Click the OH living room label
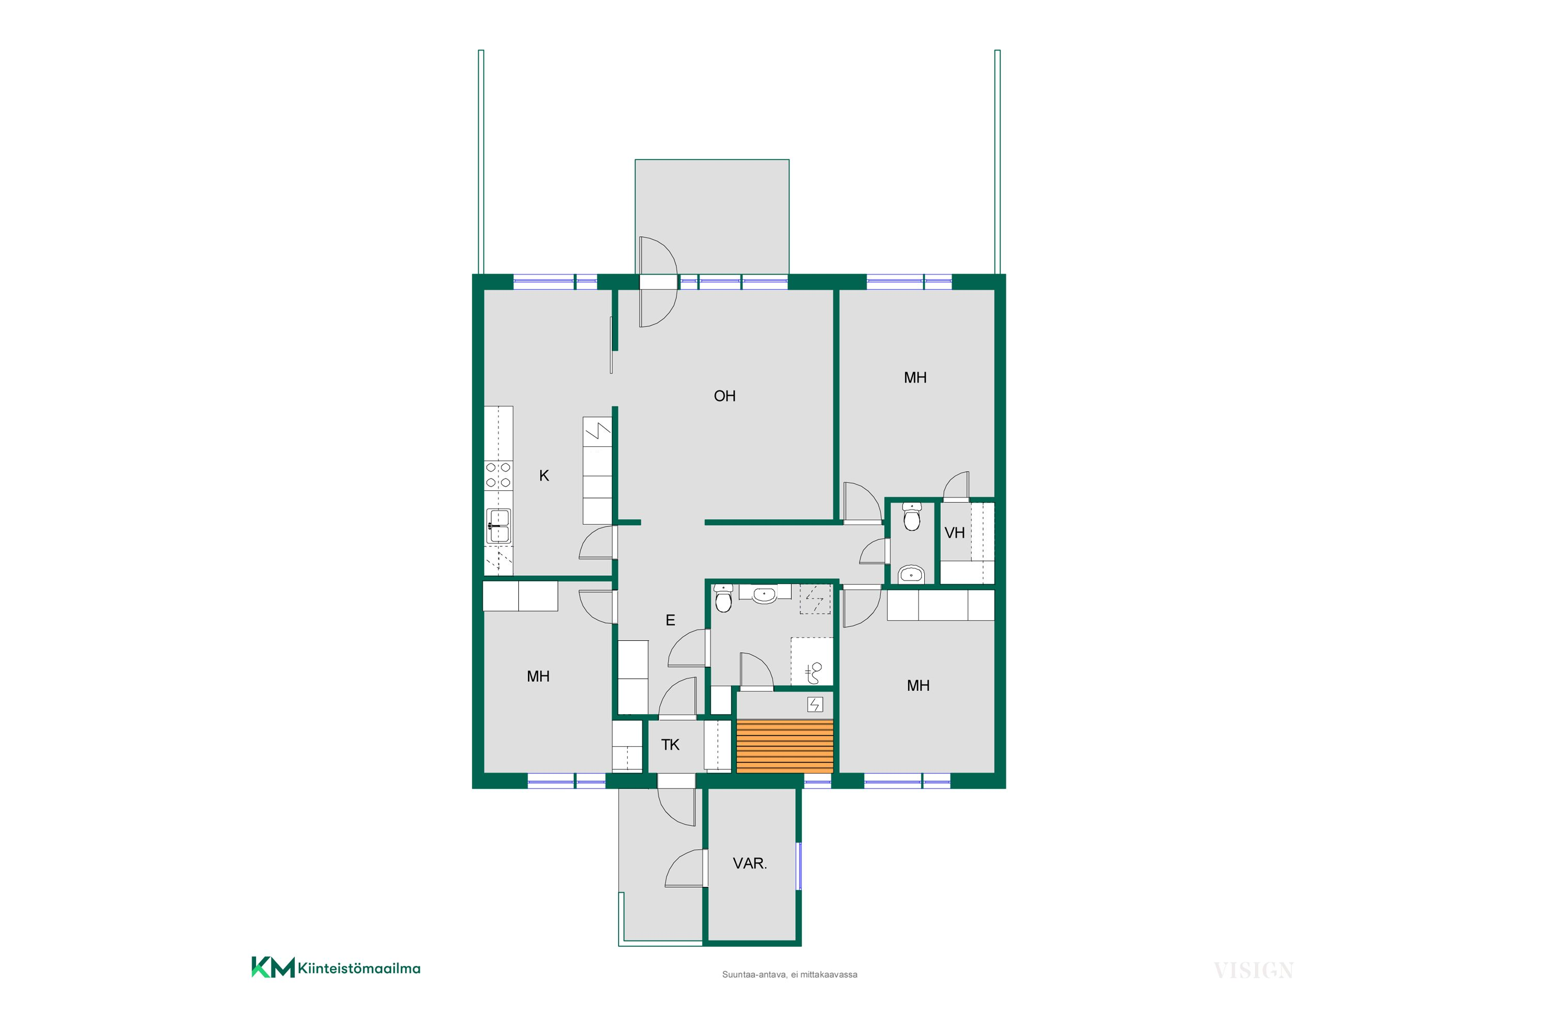point(724,396)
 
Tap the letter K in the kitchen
point(544,476)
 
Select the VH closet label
point(954,533)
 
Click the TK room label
point(670,745)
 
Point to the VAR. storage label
point(750,863)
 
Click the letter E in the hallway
point(670,621)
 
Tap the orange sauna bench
point(784,746)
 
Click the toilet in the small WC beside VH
point(911,518)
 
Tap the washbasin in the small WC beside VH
point(911,575)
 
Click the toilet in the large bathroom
point(723,598)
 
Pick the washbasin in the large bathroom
point(764,594)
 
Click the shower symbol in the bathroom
point(814,673)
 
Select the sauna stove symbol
point(815,705)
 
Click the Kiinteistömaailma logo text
point(359,968)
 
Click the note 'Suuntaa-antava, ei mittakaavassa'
point(789,975)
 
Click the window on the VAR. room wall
point(799,866)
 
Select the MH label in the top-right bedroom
point(915,378)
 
